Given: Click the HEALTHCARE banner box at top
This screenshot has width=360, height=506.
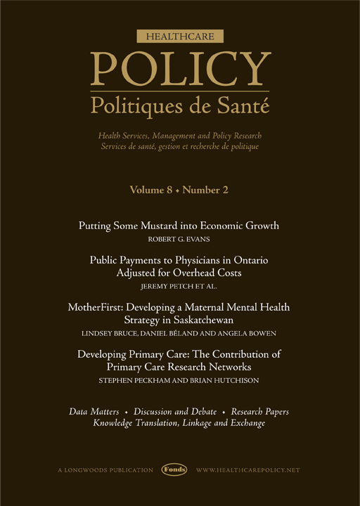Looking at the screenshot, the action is [x=179, y=35].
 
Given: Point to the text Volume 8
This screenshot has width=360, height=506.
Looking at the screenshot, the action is [x=150, y=190].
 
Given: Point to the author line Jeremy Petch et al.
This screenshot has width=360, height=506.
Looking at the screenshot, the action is [x=179, y=286].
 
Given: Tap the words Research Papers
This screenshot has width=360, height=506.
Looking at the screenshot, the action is [x=260, y=410].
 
